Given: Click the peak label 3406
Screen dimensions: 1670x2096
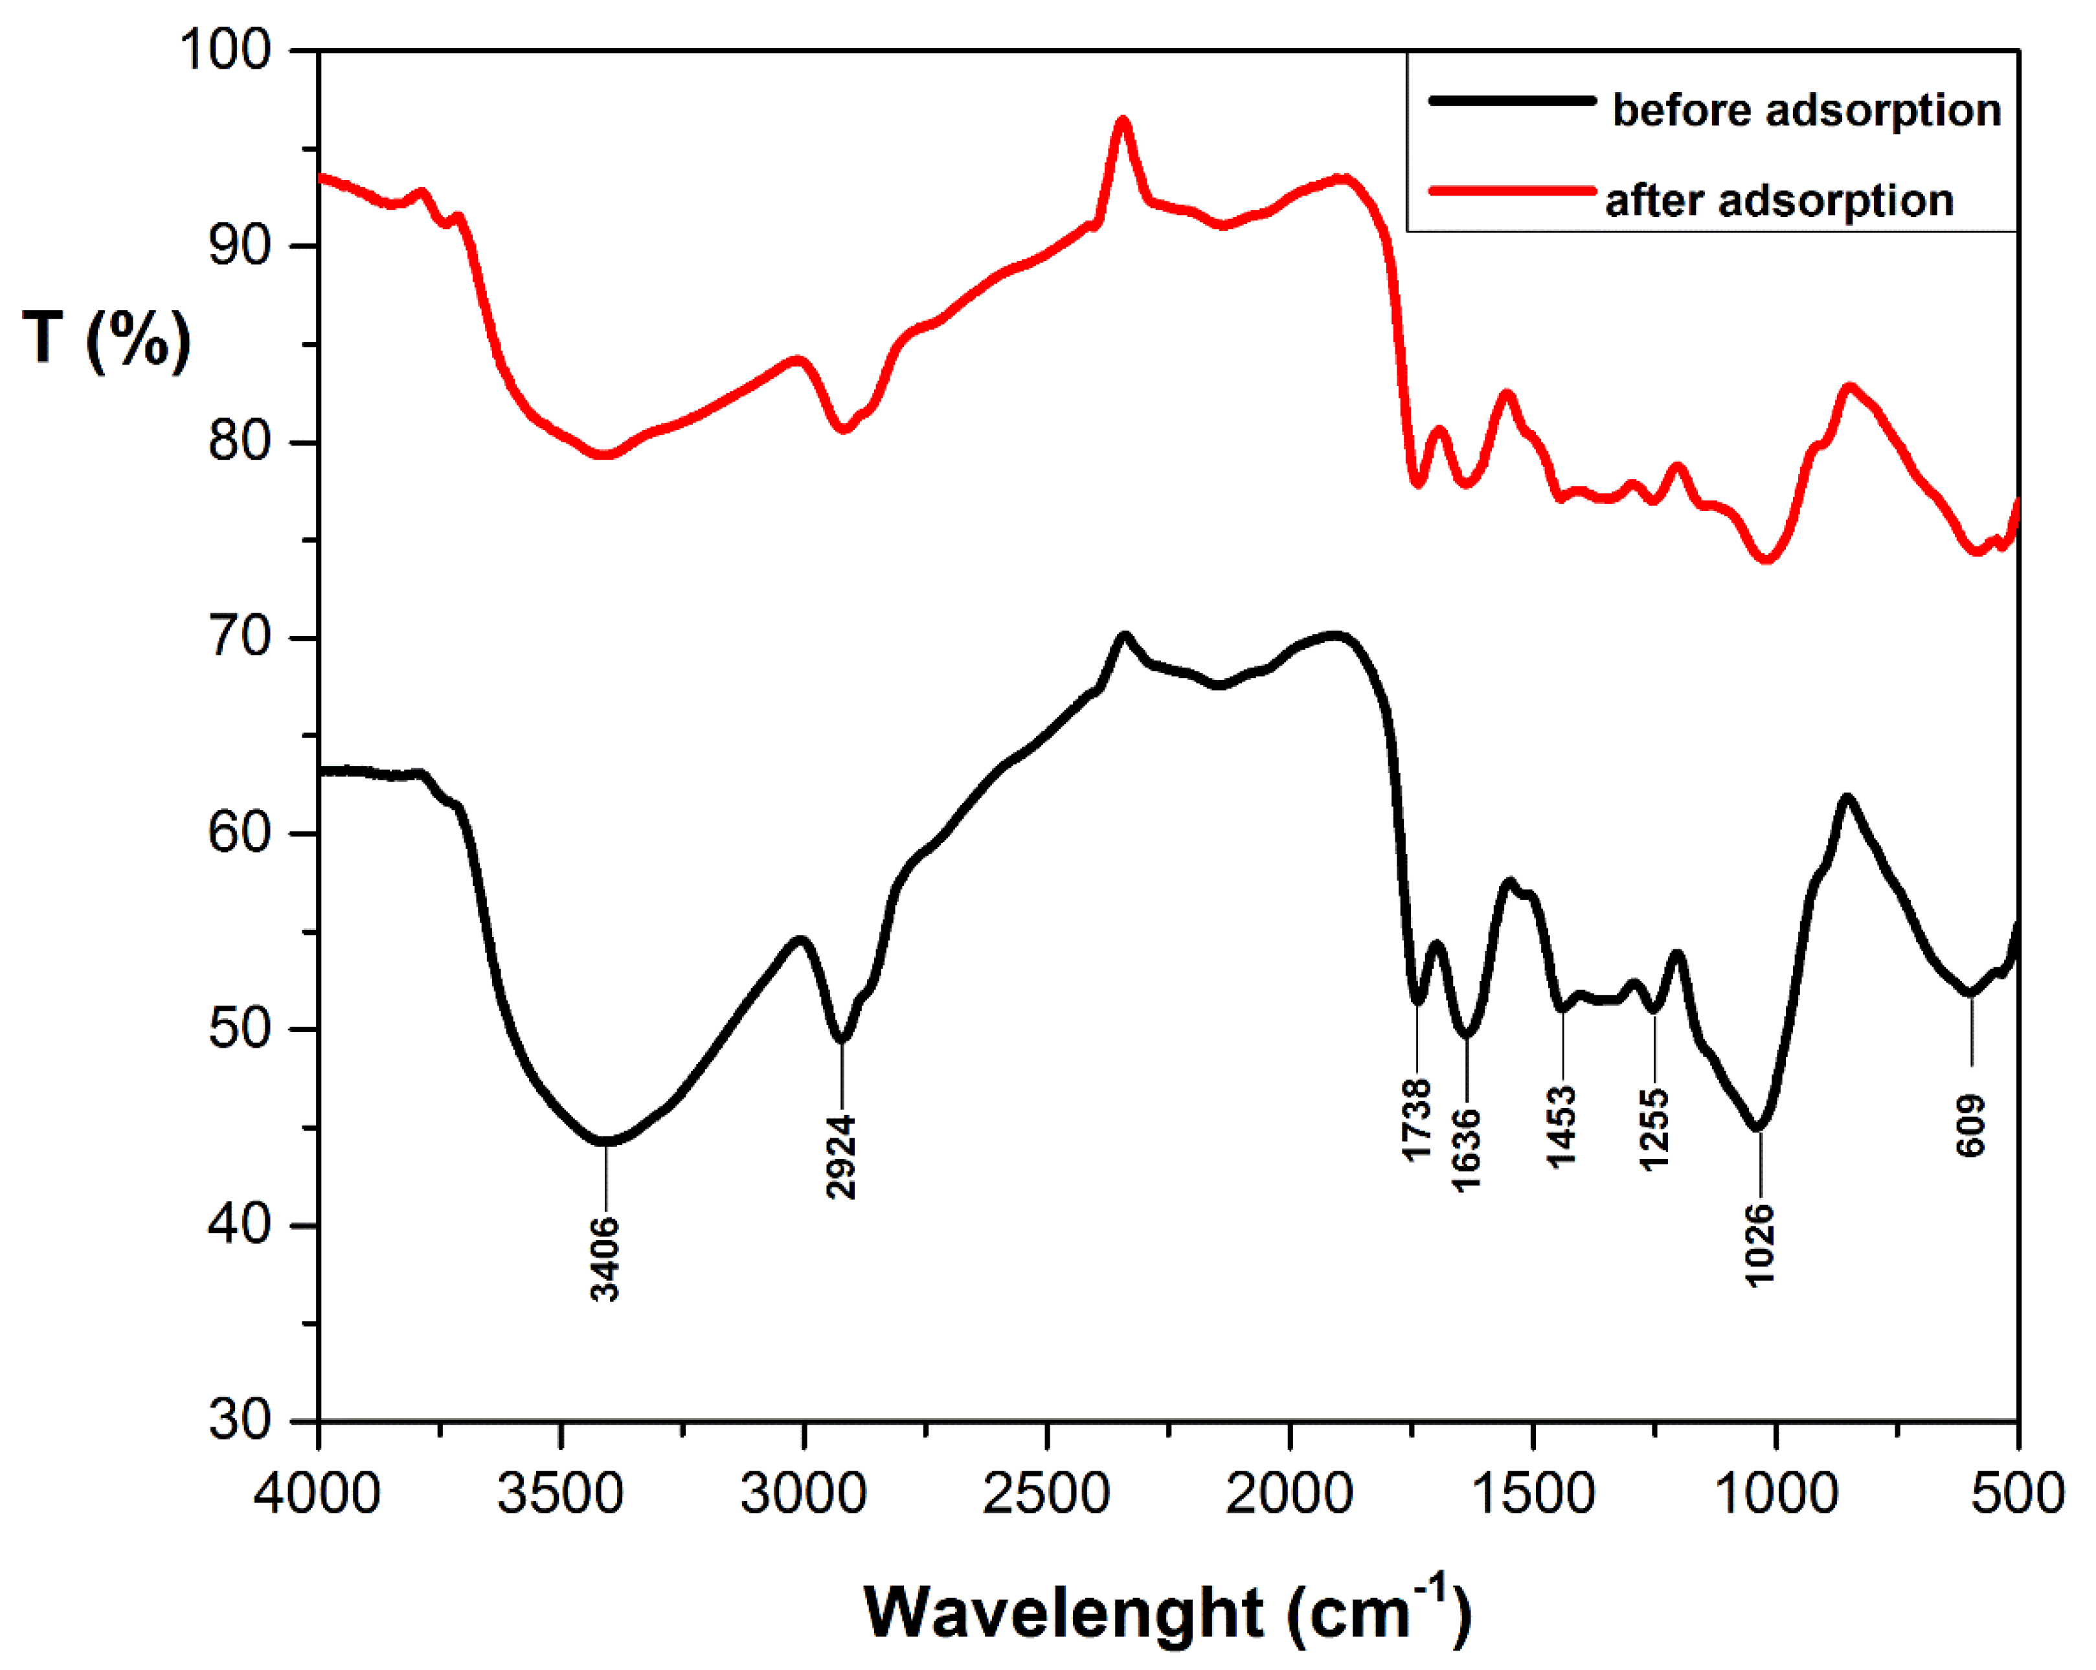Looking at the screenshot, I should point(605,1258).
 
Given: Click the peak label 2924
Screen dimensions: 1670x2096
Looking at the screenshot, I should point(841,1156).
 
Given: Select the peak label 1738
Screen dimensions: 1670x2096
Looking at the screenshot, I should point(1417,1119).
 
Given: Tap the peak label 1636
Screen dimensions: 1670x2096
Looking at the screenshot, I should point(1466,1149).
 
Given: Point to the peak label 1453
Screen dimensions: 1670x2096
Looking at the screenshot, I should point(1561,1125).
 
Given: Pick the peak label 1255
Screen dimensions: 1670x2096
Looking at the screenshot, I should point(1654,1129).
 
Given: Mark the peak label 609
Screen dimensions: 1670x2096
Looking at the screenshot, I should point(1970,1125).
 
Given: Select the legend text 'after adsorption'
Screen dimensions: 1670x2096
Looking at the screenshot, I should point(1779,200).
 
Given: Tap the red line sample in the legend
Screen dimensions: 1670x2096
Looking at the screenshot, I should point(1512,190).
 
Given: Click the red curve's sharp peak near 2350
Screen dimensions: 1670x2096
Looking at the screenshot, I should point(1123,122).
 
